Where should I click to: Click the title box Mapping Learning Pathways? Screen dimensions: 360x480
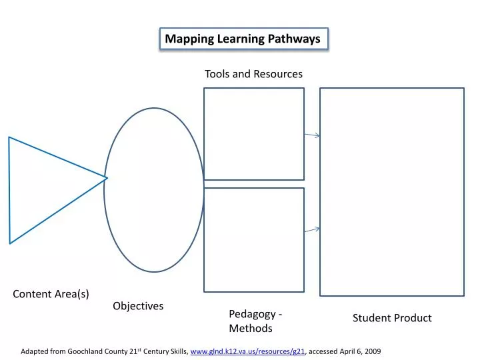tap(243, 39)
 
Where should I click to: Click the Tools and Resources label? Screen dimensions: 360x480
tap(253, 74)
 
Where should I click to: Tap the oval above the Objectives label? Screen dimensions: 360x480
tap(154, 190)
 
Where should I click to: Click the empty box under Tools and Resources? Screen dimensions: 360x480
tap(254, 133)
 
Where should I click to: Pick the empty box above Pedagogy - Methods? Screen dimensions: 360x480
tap(254, 240)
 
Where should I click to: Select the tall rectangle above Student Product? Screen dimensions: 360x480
tap(392, 192)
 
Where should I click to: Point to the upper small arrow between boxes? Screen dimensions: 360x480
tap(312, 135)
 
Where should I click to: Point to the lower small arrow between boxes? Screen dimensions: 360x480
tap(312, 230)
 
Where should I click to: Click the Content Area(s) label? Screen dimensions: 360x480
tap(51, 294)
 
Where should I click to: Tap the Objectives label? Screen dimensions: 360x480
tap(138, 306)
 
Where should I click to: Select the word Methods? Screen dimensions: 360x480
tap(251, 329)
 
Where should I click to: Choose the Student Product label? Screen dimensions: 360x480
tap(392, 318)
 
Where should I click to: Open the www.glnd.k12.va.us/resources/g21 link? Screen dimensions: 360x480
tap(248, 351)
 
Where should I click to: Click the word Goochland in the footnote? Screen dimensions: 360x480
tap(87, 351)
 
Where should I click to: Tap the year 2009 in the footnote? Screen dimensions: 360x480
tap(372, 351)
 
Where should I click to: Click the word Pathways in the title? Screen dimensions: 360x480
tap(295, 39)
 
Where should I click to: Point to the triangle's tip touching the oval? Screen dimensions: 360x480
tap(107, 178)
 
